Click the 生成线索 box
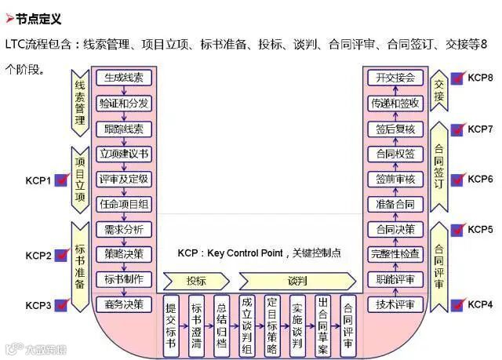(123, 78)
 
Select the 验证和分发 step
(123, 104)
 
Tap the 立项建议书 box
(123, 154)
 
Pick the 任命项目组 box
(123, 204)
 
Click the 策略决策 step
(123, 253)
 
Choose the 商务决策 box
(123, 304)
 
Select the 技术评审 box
(395, 304)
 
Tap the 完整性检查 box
(395, 254)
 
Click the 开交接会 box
(395, 78)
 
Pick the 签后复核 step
(395, 129)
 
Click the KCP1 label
(38, 181)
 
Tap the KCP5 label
(480, 230)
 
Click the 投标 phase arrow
(196, 281)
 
